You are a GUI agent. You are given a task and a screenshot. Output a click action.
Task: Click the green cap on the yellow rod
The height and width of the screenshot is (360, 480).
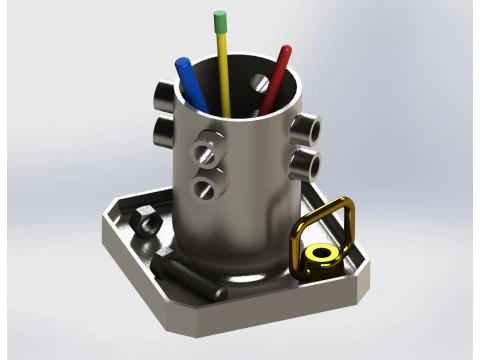point(220,20)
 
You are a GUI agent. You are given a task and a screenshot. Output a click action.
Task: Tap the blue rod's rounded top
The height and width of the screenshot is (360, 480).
point(183,65)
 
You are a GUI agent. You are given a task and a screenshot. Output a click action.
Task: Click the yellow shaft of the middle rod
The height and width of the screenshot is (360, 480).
point(225,70)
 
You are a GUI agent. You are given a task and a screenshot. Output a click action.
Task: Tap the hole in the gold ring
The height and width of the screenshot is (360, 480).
point(321,254)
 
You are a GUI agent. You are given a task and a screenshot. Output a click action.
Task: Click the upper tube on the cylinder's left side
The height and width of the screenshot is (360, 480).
point(162,95)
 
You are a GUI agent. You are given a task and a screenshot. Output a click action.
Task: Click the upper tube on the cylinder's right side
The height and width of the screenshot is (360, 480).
point(308,127)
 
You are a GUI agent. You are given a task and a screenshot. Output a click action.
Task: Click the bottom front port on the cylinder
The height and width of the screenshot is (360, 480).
point(204,186)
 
